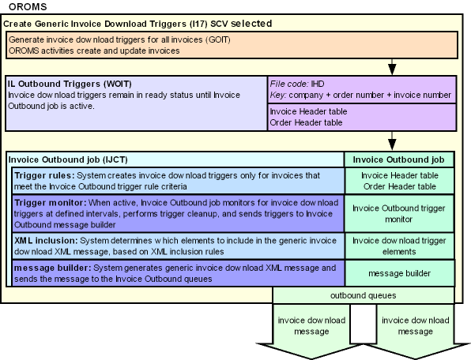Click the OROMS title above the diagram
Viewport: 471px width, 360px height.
pyautogui.click(x=28, y=6)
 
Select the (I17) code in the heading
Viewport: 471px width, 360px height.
pyautogui.click(x=198, y=24)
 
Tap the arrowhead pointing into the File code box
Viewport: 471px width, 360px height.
pyautogui.click(x=392, y=69)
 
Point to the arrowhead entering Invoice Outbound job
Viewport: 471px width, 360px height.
pyautogui.click(x=392, y=144)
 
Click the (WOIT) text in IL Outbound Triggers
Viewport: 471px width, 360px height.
pyautogui.click(x=118, y=84)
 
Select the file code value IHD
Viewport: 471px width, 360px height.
pyautogui.click(x=317, y=84)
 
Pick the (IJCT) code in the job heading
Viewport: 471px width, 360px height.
pyautogui.click(x=115, y=159)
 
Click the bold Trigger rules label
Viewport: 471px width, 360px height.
pyautogui.click(x=44, y=175)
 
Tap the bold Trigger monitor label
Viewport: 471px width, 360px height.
pyautogui.click(x=50, y=203)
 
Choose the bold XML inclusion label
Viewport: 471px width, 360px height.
pyautogui.click(x=46, y=241)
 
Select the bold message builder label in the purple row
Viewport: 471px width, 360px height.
pyautogui.click(x=52, y=268)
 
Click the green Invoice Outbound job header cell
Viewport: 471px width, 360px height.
pyautogui.click(x=398, y=159)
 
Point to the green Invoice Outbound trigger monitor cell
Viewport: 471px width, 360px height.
pyautogui.click(x=399, y=214)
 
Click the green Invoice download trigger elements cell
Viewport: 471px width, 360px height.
pyautogui.click(x=399, y=246)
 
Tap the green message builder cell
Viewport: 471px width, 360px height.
pyautogui.click(x=400, y=273)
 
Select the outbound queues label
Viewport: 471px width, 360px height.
pyautogui.click(x=364, y=295)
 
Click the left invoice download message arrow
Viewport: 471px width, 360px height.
pyautogui.click(x=311, y=330)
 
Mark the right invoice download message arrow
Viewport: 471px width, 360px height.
pyautogui.click(x=416, y=330)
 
